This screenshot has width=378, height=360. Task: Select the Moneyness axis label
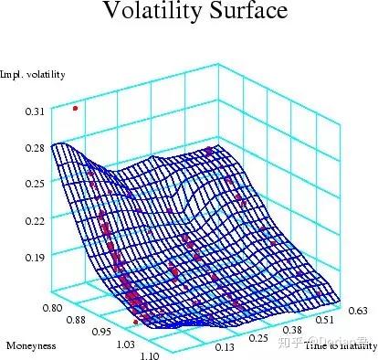[x=31, y=346]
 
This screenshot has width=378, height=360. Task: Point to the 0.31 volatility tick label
[x=34, y=111]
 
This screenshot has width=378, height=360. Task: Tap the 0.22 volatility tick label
[x=34, y=220]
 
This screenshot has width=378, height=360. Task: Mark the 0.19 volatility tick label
[x=34, y=257]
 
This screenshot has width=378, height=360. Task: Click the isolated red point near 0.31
[x=75, y=108]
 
